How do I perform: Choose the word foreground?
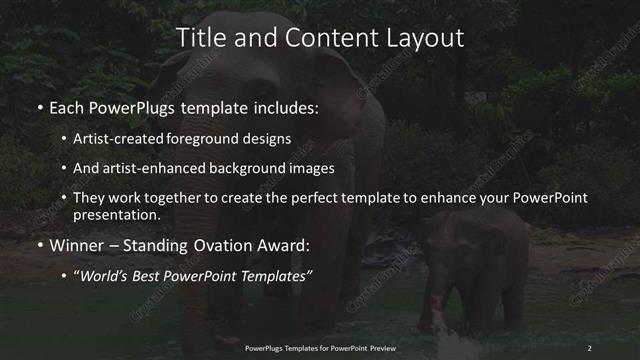219,139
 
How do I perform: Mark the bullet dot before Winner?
40,245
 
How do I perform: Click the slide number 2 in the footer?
590,348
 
